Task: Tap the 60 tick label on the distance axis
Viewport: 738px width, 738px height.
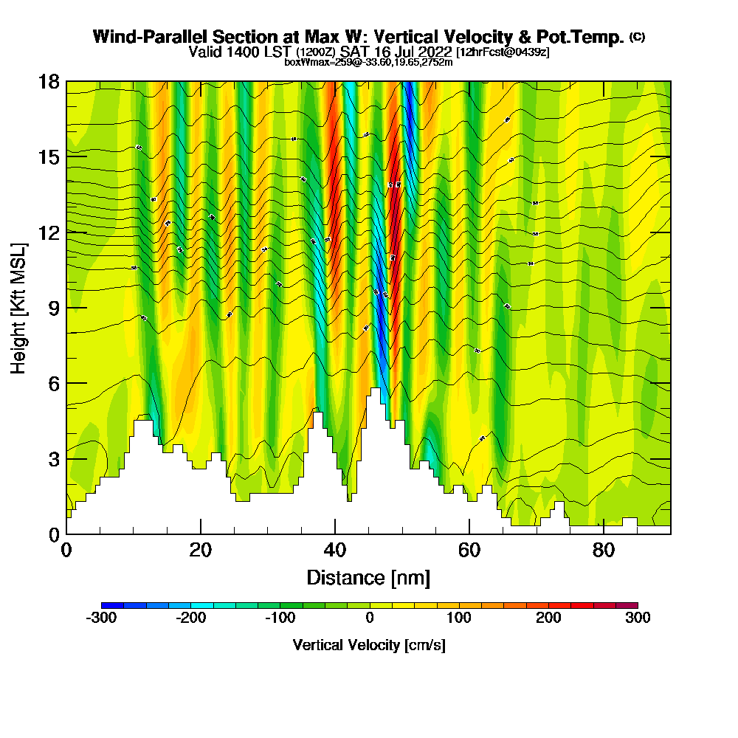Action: [469, 551]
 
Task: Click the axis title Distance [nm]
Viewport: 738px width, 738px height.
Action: [368, 577]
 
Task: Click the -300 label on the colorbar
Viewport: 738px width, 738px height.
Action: [101, 618]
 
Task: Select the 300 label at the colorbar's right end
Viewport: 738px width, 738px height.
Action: [638, 618]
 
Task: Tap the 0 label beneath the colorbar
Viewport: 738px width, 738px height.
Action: [369, 618]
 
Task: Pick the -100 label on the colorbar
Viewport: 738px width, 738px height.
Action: [280, 618]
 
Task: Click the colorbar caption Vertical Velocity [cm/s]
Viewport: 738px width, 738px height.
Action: [369, 645]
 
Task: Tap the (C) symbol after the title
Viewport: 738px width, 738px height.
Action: [637, 37]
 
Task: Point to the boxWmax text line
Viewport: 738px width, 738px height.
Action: [368, 62]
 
